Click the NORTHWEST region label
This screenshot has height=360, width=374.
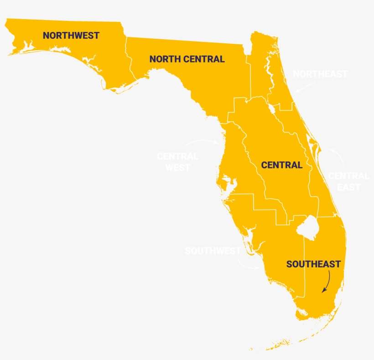pyautogui.click(x=71, y=36)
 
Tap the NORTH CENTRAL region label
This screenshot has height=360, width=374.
pyautogui.click(x=187, y=59)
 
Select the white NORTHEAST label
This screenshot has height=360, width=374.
pyautogui.click(x=320, y=74)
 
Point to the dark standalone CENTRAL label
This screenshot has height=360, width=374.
pyautogui.click(x=281, y=165)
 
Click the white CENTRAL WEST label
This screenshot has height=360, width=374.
pyautogui.click(x=178, y=162)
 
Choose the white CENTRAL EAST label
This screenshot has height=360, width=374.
pyautogui.click(x=349, y=182)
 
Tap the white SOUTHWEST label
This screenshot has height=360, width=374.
pyautogui.click(x=213, y=251)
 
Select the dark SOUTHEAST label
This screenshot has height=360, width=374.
pyautogui.click(x=313, y=264)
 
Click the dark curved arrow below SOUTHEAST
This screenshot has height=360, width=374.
pyautogui.click(x=327, y=281)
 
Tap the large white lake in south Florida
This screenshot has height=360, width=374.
pyautogui.click(x=306, y=227)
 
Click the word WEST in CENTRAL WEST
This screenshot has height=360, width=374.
pyautogui.click(x=178, y=167)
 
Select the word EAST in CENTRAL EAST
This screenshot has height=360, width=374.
pyautogui.click(x=349, y=187)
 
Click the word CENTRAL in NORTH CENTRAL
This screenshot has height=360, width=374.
pyautogui.click(x=204, y=59)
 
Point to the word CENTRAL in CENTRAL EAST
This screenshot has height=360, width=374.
pyautogui.click(x=349, y=176)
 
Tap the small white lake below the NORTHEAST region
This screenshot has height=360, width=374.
pyautogui.click(x=272, y=109)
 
